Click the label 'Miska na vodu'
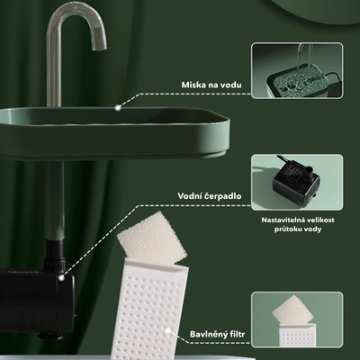tap(211, 85)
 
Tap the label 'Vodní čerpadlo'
tap(210, 196)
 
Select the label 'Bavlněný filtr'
tap(217, 334)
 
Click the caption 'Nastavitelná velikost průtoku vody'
tap(298, 224)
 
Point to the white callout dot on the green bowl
tap(119, 107)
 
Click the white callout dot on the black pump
tap(61, 278)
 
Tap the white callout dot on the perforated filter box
tap(168, 330)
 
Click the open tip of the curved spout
tap(98, 44)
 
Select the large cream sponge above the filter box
tap(151, 238)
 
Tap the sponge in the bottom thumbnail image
tap(293, 312)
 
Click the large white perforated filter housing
tap(149, 308)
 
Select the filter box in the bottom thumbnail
tap(296, 335)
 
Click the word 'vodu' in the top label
tap(230, 85)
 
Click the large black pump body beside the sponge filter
tap(37, 299)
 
